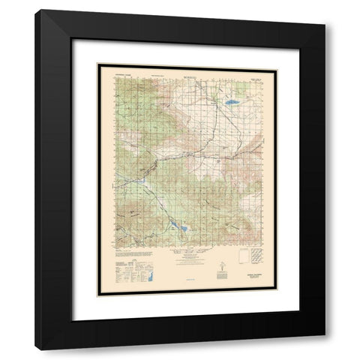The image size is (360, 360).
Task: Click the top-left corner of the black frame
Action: pyautogui.click(x=36, y=11)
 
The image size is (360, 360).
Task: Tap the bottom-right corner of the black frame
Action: pyautogui.click(x=324, y=349)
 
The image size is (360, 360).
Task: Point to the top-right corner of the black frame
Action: pyautogui.click(x=324, y=11)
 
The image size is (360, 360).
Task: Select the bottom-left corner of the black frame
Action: pyautogui.click(x=36, y=349)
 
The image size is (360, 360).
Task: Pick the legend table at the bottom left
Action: pyautogui.click(x=127, y=270)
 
